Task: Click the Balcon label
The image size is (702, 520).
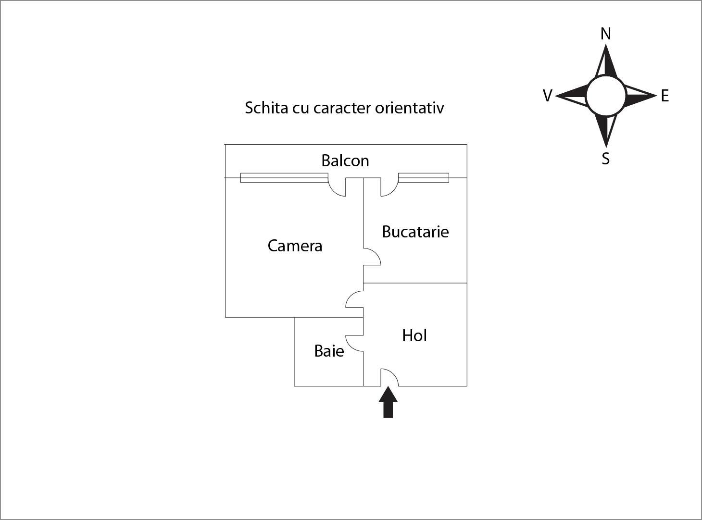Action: coord(345,161)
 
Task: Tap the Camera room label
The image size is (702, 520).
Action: coord(295,246)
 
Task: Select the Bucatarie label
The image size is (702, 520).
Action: coord(415,232)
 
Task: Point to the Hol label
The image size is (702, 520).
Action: coord(414,335)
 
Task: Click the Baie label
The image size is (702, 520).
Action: coord(329,351)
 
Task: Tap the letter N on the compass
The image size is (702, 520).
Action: coord(606,34)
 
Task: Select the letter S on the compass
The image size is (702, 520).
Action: coord(606,158)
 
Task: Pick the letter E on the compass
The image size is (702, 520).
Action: coord(664,96)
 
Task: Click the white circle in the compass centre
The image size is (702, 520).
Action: coord(606,96)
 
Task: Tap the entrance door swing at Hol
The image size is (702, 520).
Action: coord(389,377)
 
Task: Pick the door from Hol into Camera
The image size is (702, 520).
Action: coord(355,299)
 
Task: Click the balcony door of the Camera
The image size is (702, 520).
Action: coord(337,187)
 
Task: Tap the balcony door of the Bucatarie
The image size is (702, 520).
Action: coord(389,187)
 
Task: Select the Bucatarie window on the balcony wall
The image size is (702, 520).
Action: coord(424,178)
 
